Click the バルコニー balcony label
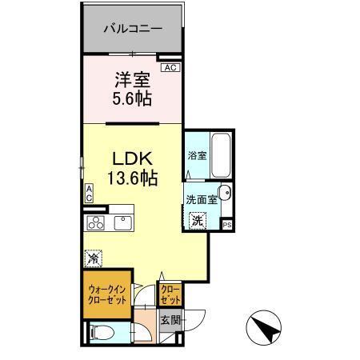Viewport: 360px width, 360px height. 133,28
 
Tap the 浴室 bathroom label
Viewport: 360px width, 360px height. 197,156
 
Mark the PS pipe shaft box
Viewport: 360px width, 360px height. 227,226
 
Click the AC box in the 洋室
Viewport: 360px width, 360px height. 169,68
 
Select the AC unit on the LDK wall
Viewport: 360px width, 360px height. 90,193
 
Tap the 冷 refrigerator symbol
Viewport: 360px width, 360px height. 93,258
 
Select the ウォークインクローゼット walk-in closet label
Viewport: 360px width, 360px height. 106,294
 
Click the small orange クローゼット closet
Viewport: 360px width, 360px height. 170,294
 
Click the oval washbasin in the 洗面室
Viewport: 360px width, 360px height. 224,193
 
